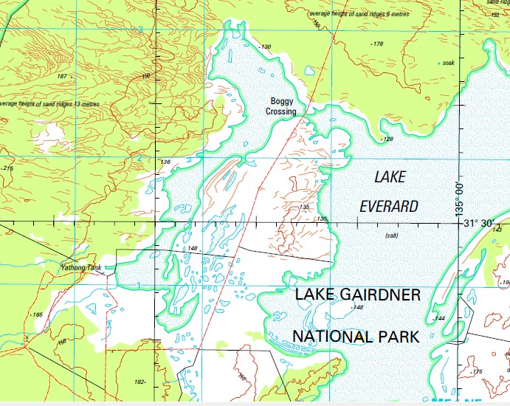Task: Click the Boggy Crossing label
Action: (x=283, y=106)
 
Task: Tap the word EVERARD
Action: (x=388, y=206)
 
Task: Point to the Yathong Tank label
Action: (x=81, y=267)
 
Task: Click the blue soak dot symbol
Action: (x=439, y=63)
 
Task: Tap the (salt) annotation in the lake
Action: (x=392, y=235)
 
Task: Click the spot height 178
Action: (x=378, y=44)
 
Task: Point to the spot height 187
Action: (x=62, y=76)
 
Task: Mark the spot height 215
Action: (x=8, y=168)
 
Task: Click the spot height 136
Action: (x=165, y=162)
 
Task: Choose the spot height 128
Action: (x=388, y=139)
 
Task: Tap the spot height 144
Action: (x=440, y=318)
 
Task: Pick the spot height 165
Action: (x=38, y=315)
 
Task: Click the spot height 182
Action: (x=139, y=382)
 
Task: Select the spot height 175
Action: (x=477, y=371)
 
